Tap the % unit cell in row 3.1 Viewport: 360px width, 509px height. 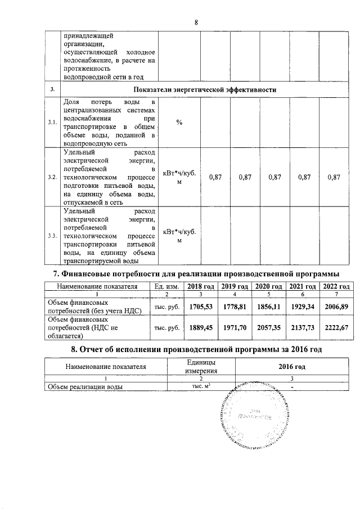(179, 123)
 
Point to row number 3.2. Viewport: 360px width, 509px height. (52, 178)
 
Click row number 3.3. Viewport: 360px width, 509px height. (52, 236)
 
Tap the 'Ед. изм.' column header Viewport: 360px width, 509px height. (167, 286)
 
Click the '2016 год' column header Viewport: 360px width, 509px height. (292, 367)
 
